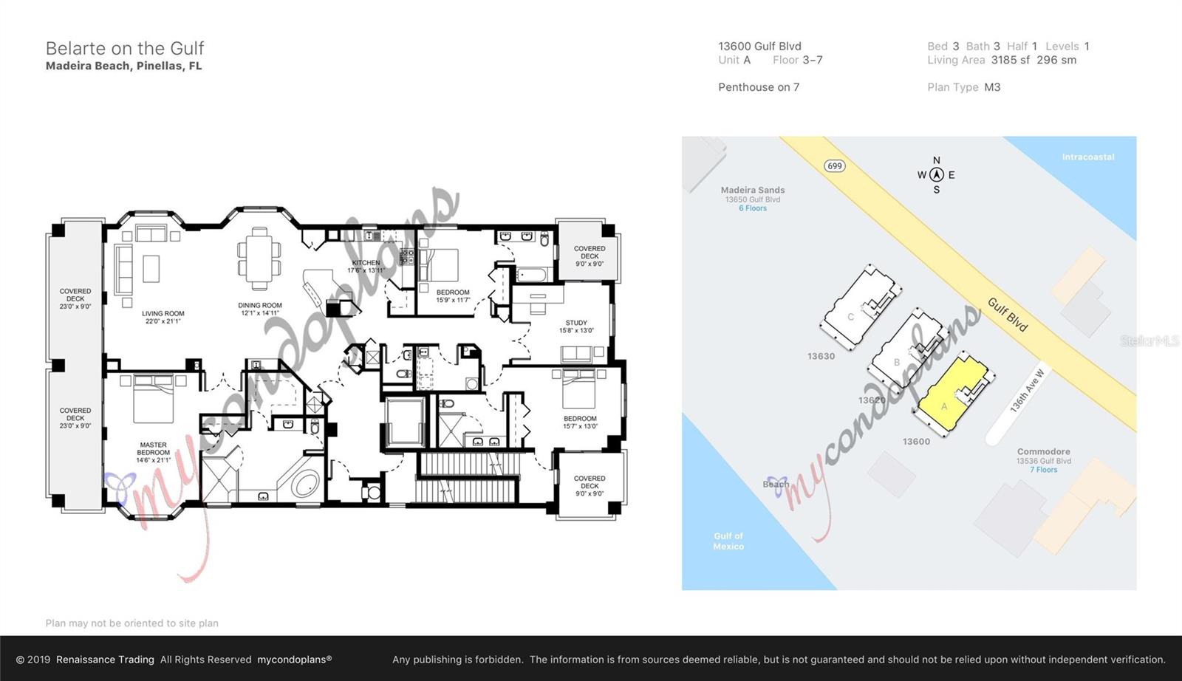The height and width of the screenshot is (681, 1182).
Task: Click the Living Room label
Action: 163,317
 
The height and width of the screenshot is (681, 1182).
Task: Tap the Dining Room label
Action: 259,309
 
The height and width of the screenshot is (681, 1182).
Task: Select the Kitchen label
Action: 366,266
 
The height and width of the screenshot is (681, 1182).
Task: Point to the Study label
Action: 576,326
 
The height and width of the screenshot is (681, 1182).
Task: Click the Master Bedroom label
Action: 153,452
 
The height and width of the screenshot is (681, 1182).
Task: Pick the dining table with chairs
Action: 259,259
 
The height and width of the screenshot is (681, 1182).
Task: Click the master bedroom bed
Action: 154,399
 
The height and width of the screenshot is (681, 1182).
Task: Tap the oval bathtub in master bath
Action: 304,485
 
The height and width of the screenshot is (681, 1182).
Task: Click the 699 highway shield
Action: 835,165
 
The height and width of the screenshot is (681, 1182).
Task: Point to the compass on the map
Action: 937,175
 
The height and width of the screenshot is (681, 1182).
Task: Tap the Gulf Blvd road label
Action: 1008,315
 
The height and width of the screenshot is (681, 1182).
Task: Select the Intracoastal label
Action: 1087,157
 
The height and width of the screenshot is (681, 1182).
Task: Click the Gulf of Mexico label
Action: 728,541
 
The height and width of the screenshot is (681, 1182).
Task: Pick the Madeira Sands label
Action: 753,190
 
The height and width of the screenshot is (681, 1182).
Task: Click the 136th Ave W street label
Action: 1027,391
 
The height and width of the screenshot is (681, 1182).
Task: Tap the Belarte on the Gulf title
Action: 124,48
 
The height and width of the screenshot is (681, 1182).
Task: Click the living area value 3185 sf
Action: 1010,60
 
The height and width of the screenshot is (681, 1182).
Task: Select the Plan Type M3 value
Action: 992,87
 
